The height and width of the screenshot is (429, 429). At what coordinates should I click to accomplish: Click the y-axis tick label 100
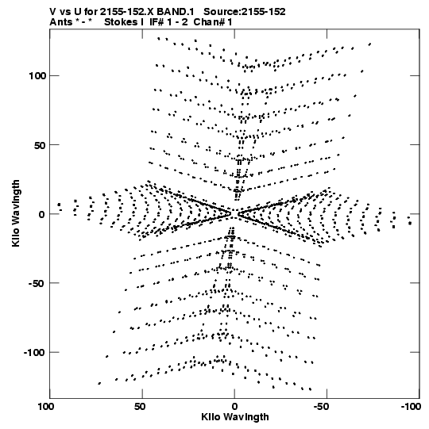[x=38, y=76]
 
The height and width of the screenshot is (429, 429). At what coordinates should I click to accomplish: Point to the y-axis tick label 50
[x=40, y=145]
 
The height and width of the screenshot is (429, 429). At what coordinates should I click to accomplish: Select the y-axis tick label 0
[x=42, y=214]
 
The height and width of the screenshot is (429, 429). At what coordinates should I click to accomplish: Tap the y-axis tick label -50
[x=37, y=283]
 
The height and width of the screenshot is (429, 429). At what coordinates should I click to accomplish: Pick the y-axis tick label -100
[x=34, y=352]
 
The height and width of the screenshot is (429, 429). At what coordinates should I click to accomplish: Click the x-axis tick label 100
[x=46, y=407]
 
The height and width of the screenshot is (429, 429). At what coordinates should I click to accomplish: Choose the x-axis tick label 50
[x=140, y=407]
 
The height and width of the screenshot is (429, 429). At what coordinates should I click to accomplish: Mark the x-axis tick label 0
[x=234, y=407]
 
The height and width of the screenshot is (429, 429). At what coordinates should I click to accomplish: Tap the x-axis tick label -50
[x=322, y=407]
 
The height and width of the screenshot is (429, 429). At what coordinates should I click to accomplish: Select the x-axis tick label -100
[x=411, y=407]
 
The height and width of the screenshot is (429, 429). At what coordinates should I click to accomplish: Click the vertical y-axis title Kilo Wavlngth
[x=16, y=213]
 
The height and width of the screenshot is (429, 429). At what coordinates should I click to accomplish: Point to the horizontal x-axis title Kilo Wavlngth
[x=235, y=417]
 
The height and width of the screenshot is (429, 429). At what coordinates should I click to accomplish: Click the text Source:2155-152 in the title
[x=245, y=12]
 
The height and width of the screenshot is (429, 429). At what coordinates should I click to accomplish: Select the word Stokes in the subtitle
[x=121, y=22]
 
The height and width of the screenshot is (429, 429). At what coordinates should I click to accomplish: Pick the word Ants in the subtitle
[x=61, y=22]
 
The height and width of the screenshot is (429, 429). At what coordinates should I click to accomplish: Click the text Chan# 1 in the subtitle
[x=213, y=22]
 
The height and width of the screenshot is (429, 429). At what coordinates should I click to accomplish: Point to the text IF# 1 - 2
[x=168, y=22]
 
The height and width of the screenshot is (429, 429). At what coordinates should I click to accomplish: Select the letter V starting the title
[x=53, y=12]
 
